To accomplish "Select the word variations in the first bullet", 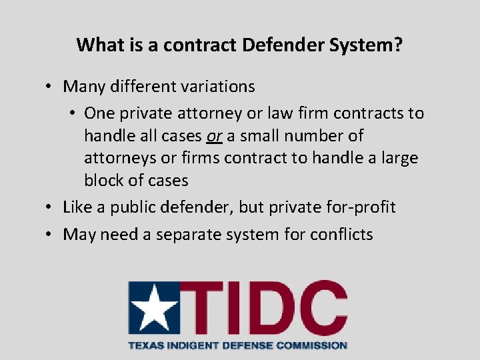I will click(216, 87).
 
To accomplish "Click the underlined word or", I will click(214, 136).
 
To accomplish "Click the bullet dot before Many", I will click(49, 87).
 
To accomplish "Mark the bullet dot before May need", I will click(49, 235).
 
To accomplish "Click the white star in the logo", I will click(154, 309).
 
